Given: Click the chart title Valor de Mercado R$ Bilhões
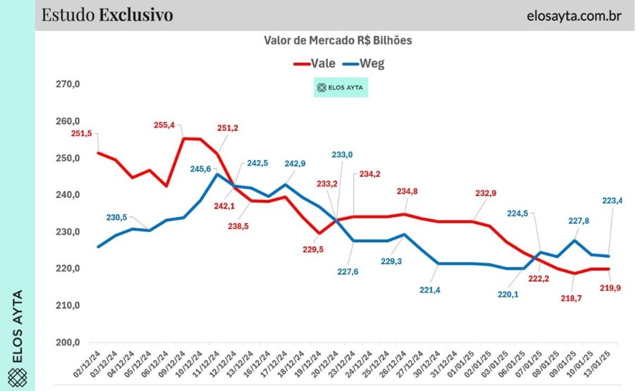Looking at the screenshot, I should click(337, 41).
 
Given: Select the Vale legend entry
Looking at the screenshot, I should click(315, 62).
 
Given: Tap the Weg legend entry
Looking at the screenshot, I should click(364, 62).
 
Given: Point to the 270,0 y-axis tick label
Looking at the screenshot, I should click(68, 85).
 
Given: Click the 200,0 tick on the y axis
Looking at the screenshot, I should click(68, 342).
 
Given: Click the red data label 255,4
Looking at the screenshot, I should click(164, 125).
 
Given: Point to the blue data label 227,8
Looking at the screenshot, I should click(578, 221).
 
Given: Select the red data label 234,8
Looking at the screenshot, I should click(408, 191).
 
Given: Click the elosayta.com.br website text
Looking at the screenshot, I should click(573, 15).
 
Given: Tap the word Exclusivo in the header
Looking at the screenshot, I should click(136, 15).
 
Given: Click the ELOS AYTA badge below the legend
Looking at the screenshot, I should click(341, 88).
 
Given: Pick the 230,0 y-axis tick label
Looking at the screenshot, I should click(68, 232).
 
